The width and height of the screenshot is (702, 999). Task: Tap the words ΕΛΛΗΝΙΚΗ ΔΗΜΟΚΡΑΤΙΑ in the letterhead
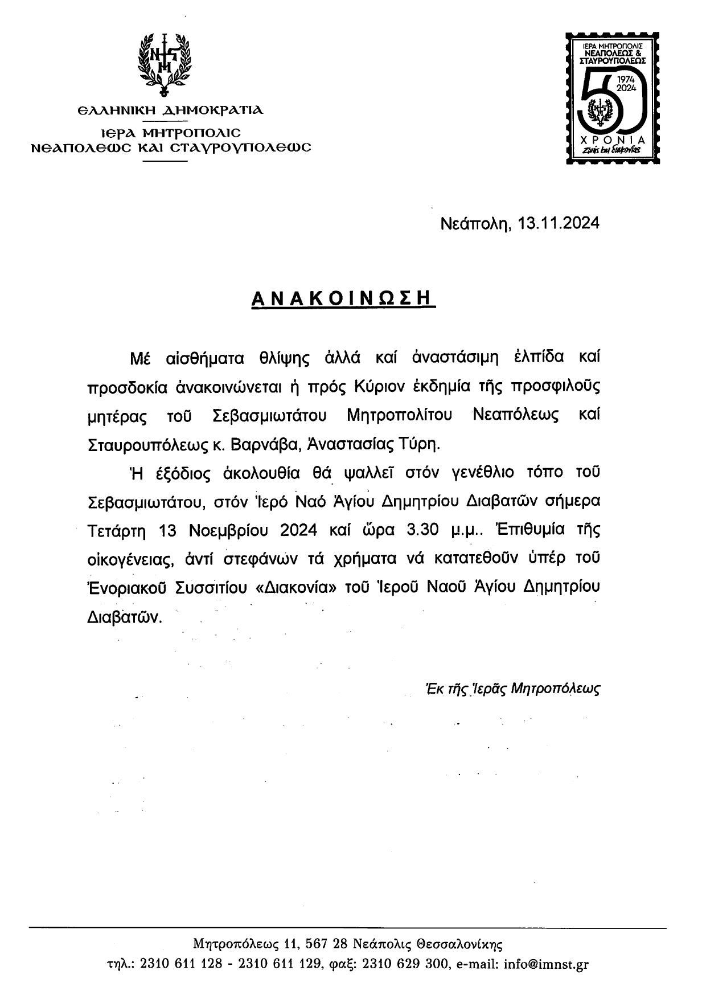[170, 110]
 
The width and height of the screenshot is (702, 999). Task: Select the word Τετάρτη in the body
[117, 530]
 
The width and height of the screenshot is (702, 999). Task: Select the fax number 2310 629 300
[407, 964]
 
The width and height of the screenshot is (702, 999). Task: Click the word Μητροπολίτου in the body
[399, 416]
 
